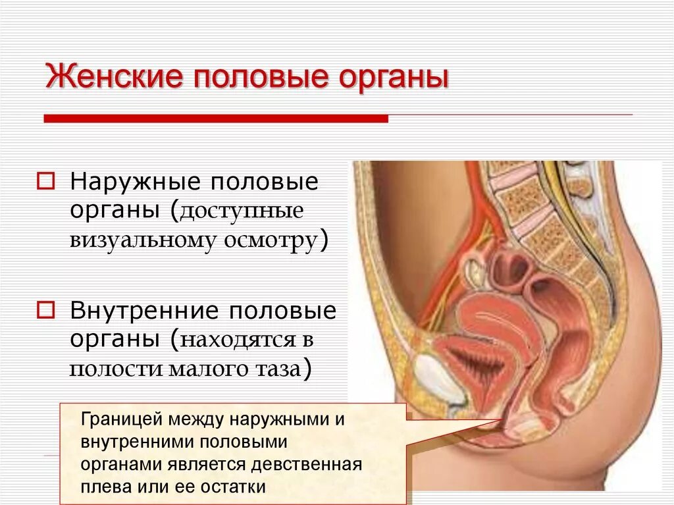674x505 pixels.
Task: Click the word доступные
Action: pos(240,212)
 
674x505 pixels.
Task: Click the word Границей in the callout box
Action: pos(120,420)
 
